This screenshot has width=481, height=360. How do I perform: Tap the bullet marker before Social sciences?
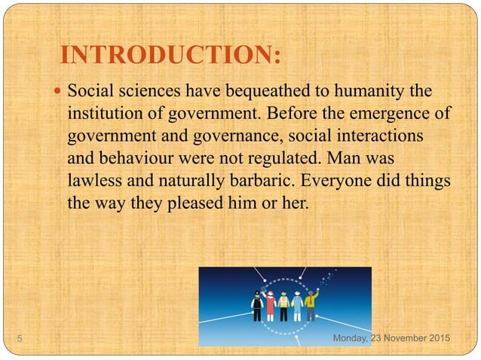click(59, 93)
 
